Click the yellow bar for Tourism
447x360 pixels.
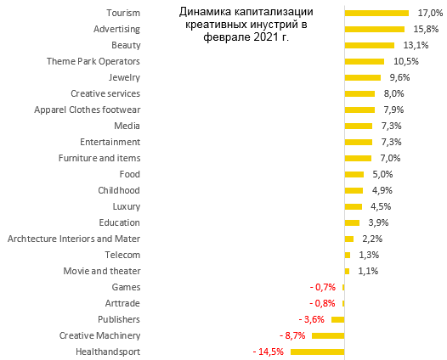click(376, 14)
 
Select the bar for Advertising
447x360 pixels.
click(373, 30)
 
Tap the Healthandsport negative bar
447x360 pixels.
click(317, 352)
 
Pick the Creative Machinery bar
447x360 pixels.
click(327, 335)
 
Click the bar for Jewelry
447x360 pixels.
click(362, 77)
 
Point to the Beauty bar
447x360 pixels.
click(369, 45)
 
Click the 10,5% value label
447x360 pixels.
click(406, 62)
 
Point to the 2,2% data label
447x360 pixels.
click(370, 239)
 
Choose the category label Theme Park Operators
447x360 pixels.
click(93, 62)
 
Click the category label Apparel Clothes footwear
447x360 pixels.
click(87, 110)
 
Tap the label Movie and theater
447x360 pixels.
click(102, 271)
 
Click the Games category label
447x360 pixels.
click(126, 287)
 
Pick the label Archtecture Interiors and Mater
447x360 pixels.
click(74, 239)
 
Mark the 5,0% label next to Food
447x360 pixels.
click(382, 174)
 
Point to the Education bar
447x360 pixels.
click(352, 222)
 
